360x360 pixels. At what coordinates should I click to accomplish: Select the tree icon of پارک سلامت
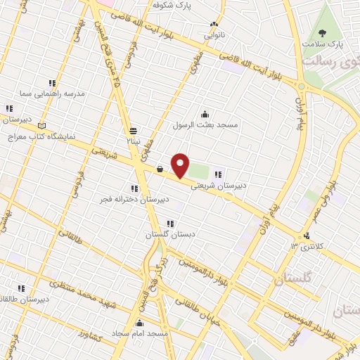[323, 33]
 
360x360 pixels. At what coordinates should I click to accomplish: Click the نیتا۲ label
[133, 141]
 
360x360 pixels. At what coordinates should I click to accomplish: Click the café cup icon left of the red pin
[160, 169]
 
